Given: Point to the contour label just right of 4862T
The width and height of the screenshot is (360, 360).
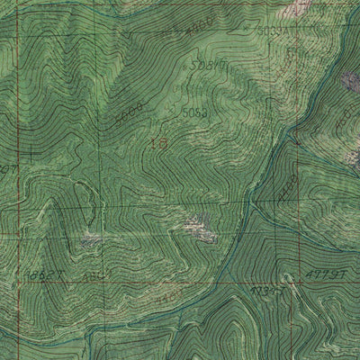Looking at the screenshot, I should tap(90, 272).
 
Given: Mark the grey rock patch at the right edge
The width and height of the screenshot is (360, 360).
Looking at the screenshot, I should tap(349, 83).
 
